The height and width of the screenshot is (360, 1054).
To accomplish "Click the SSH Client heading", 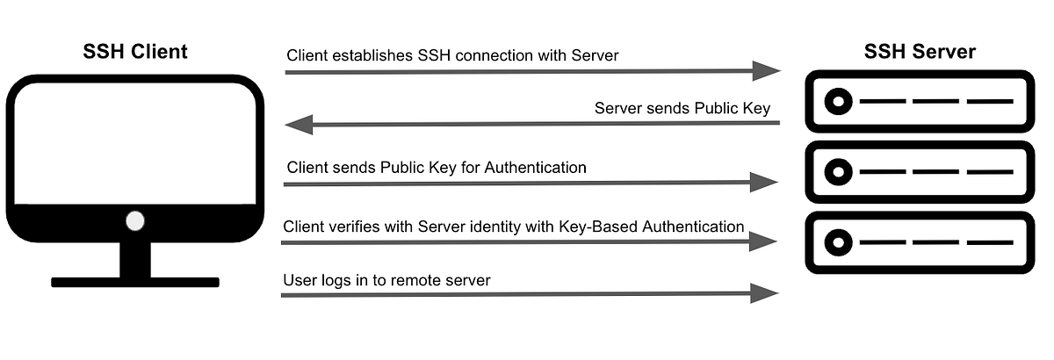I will click(134, 52).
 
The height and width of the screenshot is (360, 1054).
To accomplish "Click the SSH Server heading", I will click(920, 52).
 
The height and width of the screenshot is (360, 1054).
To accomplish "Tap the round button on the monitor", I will click(134, 220).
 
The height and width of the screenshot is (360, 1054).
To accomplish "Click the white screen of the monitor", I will click(134, 140).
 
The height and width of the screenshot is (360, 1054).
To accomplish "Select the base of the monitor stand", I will click(134, 282).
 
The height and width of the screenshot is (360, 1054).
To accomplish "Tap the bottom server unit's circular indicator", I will click(838, 241).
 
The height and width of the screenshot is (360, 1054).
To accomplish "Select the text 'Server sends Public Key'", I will click(682, 108).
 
